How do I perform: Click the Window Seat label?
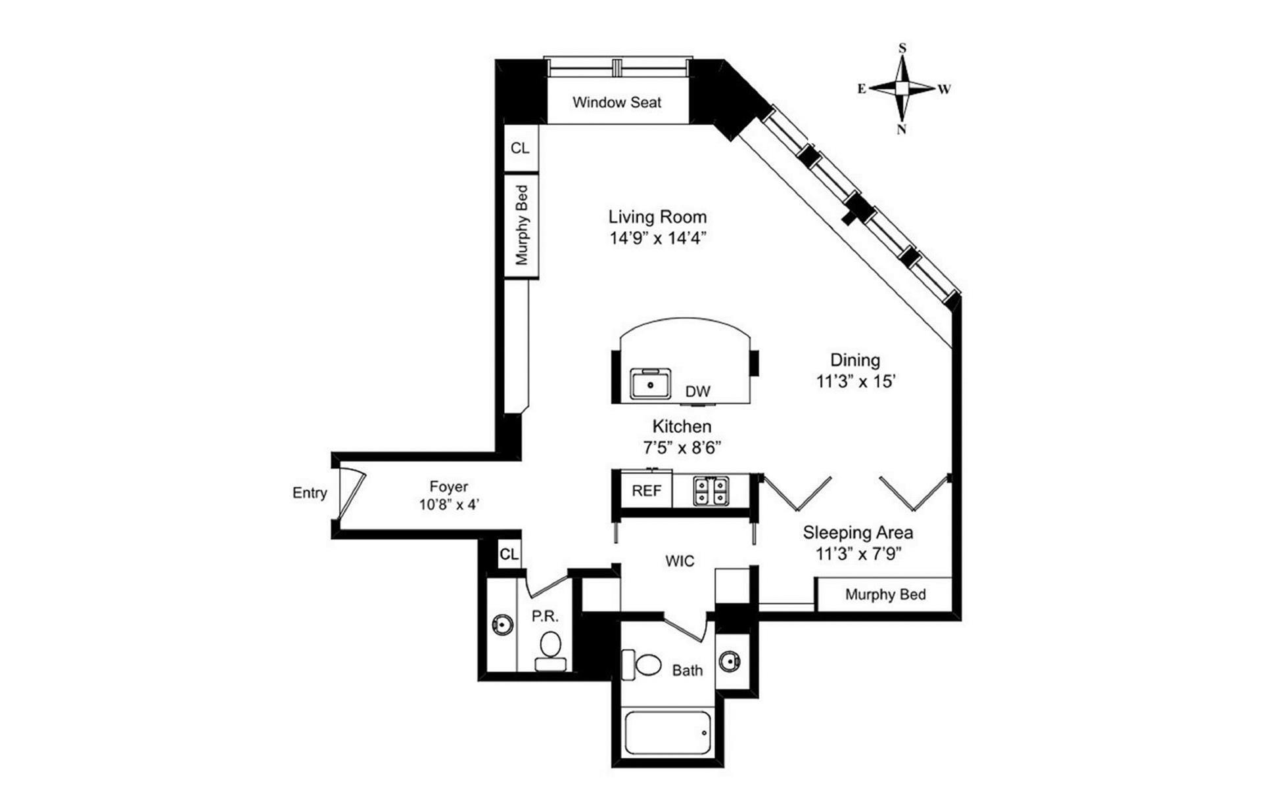617,102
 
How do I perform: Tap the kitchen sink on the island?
650,383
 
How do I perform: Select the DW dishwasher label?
697,392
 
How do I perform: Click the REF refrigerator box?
646,491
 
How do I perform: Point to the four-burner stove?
711,491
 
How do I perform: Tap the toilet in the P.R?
549,649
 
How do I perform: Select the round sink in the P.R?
503,624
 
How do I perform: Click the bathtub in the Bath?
667,733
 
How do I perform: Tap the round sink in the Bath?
729,661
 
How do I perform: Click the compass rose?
902,88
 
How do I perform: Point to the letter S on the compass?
902,48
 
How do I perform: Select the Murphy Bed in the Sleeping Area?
885,595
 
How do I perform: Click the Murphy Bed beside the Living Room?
521,225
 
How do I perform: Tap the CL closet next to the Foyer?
509,554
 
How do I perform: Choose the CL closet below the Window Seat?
520,148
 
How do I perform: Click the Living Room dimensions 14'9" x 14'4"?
657,238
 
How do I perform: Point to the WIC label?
680,561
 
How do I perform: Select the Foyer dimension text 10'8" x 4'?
449,505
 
